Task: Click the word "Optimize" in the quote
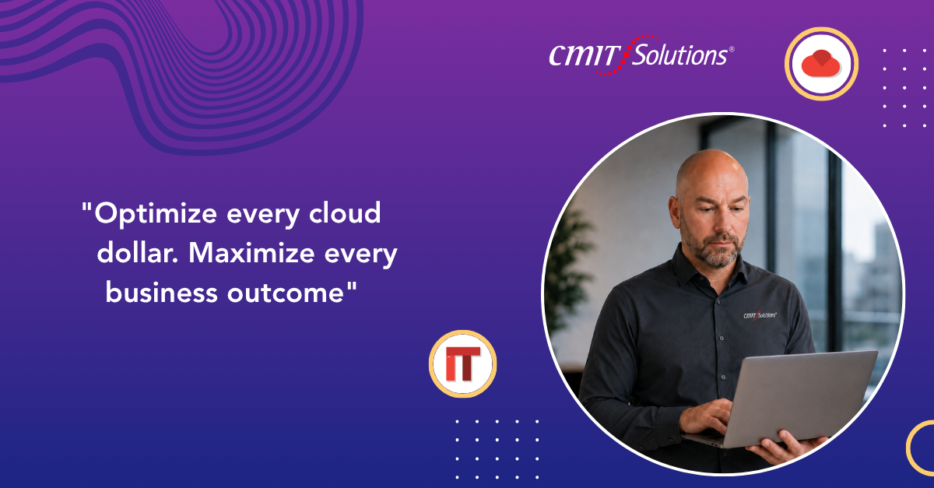(156, 213)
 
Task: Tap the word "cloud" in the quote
(345, 212)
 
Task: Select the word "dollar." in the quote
(138, 253)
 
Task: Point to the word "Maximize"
(251, 253)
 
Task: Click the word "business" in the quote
(161, 292)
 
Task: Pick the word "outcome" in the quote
(285, 293)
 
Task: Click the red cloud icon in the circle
(821, 63)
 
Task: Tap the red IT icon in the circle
(463, 363)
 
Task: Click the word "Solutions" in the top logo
(679, 55)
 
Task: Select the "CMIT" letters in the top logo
(584, 55)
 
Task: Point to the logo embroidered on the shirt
(760, 315)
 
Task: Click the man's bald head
(712, 169)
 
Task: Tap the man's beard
(714, 248)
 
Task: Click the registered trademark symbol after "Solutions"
(732, 49)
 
